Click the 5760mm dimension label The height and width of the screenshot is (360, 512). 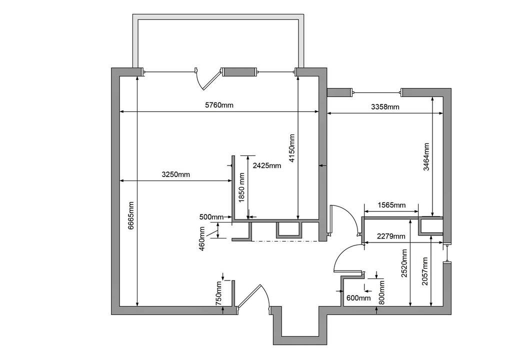(219, 105)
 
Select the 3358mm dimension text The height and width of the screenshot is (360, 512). (385, 107)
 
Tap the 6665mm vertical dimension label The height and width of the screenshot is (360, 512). (130, 215)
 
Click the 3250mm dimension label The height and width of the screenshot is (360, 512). (175, 174)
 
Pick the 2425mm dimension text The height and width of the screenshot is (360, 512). (267, 165)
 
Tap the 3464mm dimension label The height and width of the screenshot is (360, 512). (426, 157)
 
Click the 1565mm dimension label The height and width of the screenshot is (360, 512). (391, 205)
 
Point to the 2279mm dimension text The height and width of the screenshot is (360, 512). (391, 236)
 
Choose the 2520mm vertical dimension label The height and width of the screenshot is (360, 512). (404, 263)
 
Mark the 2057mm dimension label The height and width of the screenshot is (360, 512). (424, 271)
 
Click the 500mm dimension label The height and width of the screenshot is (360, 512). (211, 217)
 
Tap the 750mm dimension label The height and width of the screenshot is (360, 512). (219, 293)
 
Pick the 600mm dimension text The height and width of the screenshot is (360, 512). (358, 298)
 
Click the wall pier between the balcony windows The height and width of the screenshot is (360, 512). (238, 72)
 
